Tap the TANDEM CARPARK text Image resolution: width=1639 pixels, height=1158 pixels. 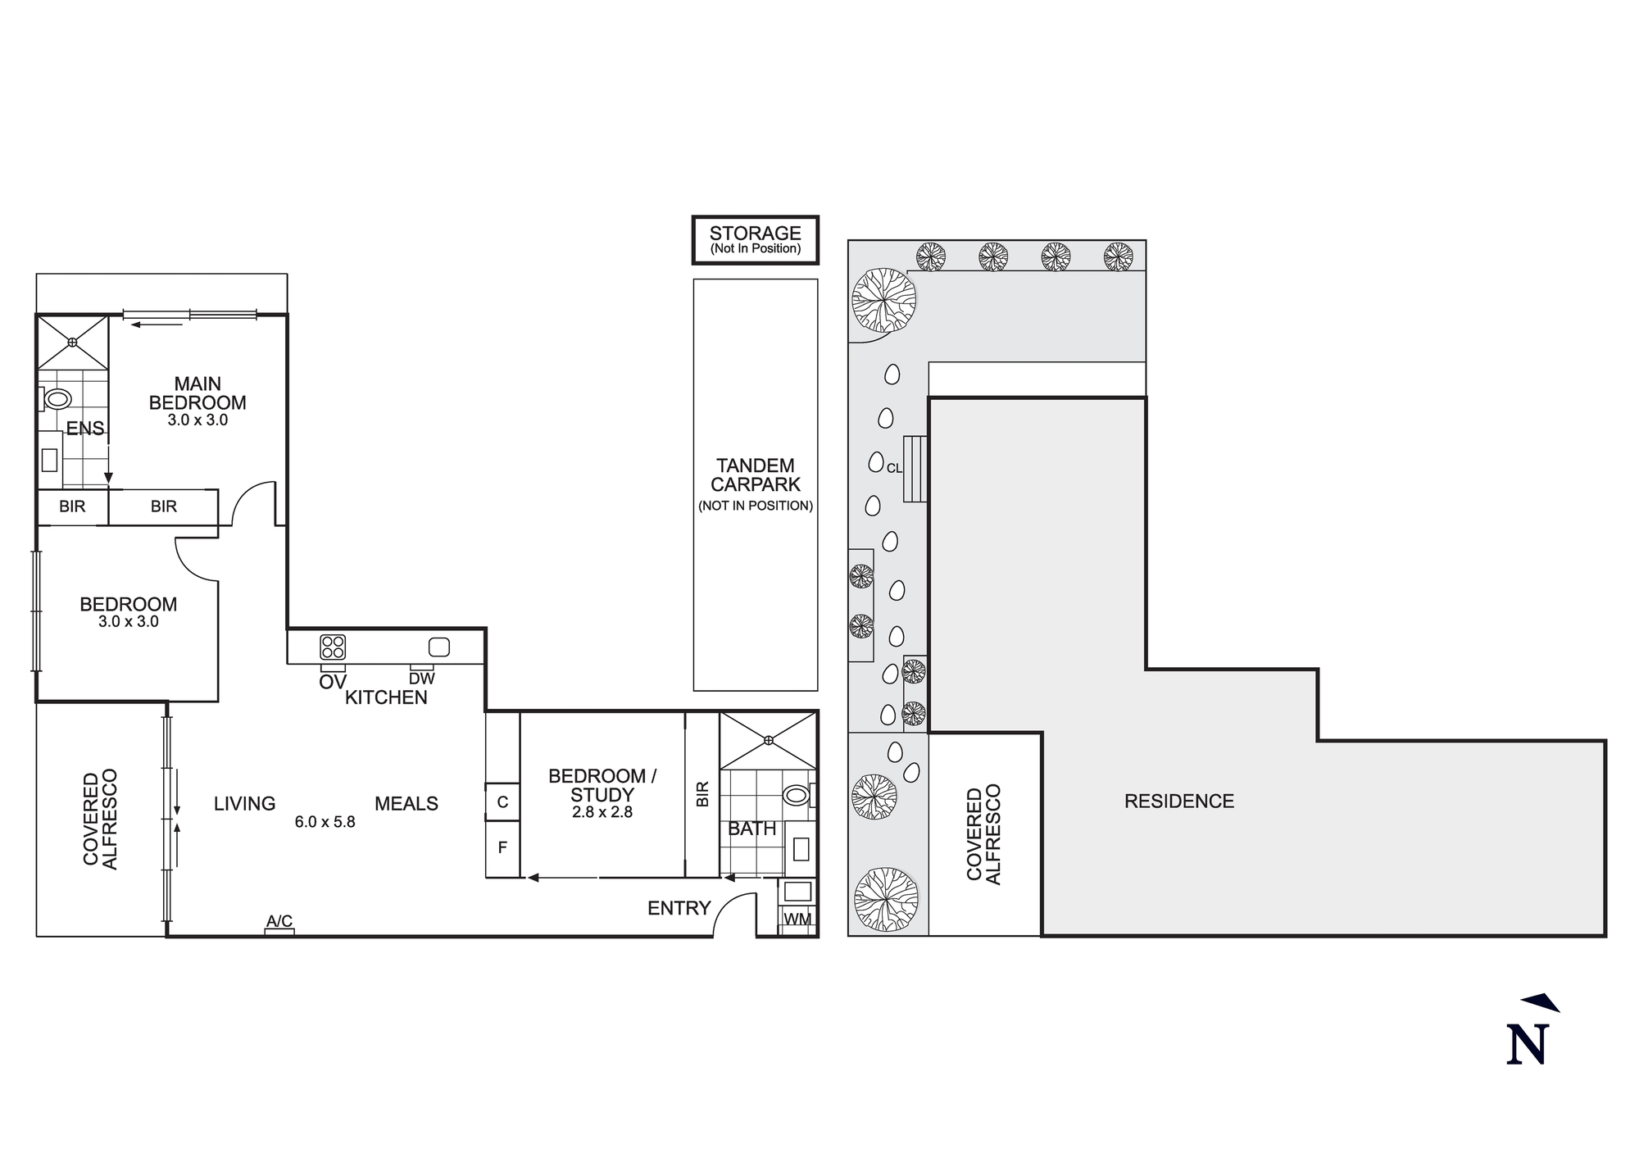pos(755,475)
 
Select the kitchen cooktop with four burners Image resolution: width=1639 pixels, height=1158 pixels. pos(332,647)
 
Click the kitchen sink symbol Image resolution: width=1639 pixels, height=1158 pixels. pos(439,647)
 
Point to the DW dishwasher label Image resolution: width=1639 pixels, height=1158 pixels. pos(421,679)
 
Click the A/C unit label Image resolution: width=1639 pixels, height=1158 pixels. pos(279,922)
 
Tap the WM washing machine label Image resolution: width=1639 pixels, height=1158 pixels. pos(797,920)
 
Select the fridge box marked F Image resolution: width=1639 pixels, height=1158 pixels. pos(502,847)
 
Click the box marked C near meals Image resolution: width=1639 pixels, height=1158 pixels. pos(502,802)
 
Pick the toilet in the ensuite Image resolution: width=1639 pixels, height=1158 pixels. pos(57,399)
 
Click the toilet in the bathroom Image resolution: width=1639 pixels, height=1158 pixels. pos(796,794)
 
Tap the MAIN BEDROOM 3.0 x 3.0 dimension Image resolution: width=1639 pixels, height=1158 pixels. pos(197,420)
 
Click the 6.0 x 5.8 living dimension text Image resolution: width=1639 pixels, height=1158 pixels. pos(325,822)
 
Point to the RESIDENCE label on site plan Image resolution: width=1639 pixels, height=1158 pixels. pos(1178,802)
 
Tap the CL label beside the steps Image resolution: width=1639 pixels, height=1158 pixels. pos(894,468)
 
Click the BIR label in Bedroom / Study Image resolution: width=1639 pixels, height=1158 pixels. pos(702,793)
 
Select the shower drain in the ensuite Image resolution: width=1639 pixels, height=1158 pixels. pos(73,342)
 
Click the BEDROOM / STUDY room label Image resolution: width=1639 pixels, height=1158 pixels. pos(602,785)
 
